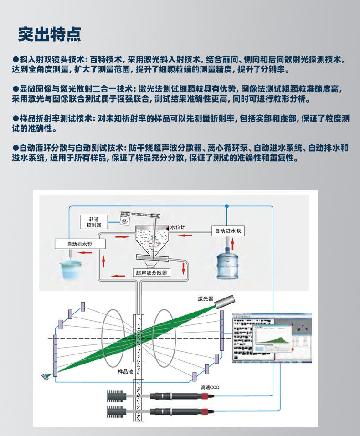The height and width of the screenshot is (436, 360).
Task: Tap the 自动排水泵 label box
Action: [80, 244]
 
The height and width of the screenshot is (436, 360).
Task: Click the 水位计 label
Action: [178, 227]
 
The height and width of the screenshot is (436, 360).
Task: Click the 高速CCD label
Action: [211, 388]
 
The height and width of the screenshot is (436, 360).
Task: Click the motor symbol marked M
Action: [124, 220]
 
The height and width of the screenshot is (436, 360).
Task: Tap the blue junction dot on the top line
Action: [226, 206]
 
